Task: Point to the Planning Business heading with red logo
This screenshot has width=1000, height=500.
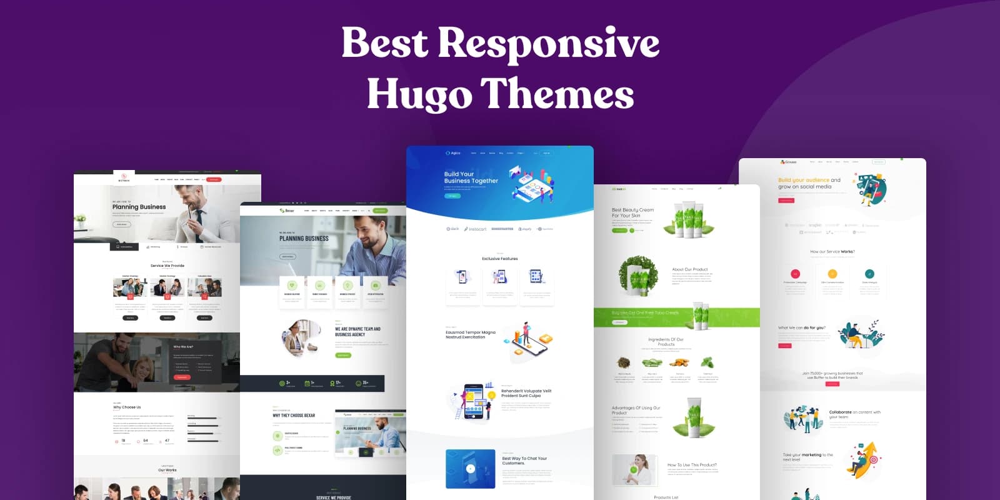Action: [139, 207]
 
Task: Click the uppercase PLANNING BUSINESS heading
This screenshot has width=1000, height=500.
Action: [304, 239]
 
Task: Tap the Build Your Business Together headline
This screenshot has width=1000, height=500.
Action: [471, 177]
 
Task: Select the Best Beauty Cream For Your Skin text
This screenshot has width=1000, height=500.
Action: [632, 212]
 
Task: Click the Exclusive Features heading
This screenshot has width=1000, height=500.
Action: [499, 259]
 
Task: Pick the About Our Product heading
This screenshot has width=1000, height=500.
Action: [690, 269]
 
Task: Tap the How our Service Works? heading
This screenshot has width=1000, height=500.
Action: [832, 252]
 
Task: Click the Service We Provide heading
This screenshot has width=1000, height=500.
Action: [167, 266]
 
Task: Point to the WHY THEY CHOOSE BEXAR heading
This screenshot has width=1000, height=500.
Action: [294, 416]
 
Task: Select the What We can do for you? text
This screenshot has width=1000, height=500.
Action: [801, 327]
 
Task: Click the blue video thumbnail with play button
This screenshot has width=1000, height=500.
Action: [470, 469]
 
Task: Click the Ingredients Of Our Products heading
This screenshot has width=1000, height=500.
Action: [666, 342]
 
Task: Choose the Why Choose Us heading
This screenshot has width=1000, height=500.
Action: [127, 407]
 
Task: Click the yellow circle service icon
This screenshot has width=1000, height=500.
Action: [832, 274]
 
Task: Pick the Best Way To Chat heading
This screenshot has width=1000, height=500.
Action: [524, 461]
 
